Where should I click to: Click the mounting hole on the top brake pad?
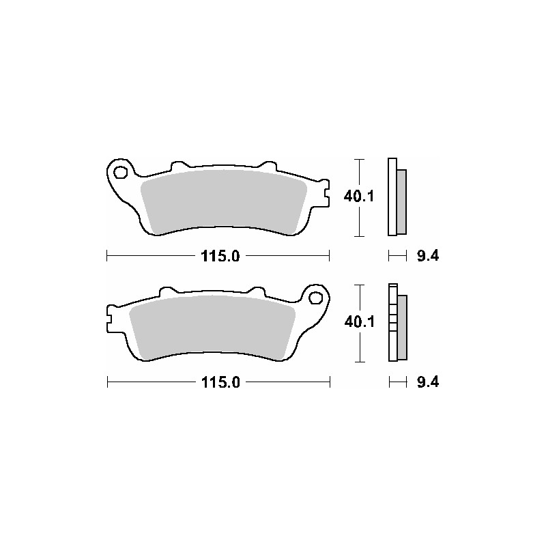pyautogui.click(x=120, y=172)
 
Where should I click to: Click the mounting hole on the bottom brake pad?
pyautogui.click(x=315, y=297)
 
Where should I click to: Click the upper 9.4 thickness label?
pyautogui.click(x=427, y=257)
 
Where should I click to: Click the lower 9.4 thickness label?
pyautogui.click(x=427, y=382)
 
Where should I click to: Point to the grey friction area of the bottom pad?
pyautogui.click(x=212, y=326)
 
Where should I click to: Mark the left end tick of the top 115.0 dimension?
pyautogui.click(x=107, y=257)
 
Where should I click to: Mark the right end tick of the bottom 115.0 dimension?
pyautogui.click(x=330, y=382)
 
